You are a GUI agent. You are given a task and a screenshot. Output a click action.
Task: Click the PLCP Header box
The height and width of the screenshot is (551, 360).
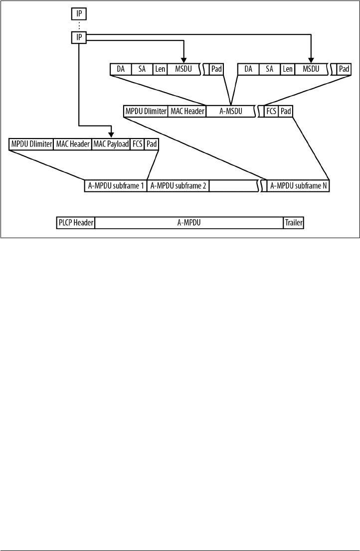click(75, 223)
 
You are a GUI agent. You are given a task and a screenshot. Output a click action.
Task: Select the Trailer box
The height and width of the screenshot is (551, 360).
click(293, 223)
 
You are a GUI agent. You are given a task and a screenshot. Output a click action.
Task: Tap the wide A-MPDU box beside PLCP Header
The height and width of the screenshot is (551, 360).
click(188, 223)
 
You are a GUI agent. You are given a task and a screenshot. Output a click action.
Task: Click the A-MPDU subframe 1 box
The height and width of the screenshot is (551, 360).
click(116, 186)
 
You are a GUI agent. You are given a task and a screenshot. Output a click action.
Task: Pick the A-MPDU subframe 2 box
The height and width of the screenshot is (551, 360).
click(178, 186)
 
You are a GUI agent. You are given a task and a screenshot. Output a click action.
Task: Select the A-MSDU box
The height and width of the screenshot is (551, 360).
click(230, 111)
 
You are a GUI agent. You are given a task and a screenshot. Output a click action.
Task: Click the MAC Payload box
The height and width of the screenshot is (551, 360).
click(111, 144)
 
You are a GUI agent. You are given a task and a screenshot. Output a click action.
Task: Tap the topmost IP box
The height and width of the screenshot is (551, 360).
click(79, 14)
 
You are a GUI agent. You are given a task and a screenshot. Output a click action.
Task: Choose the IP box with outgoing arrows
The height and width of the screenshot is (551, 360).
click(79, 37)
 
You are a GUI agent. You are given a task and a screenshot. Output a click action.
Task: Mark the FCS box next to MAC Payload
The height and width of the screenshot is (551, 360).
click(137, 144)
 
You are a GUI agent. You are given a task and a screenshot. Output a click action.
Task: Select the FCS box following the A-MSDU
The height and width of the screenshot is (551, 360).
click(271, 111)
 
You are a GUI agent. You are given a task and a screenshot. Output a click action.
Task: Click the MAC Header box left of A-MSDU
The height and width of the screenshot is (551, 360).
click(187, 111)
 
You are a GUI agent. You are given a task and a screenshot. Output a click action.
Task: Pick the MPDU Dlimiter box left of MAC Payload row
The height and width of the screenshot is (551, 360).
click(31, 144)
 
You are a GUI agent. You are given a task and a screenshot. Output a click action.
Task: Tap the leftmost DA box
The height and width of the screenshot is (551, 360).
click(120, 69)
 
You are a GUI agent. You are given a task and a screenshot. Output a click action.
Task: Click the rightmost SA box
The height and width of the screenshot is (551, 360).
click(270, 69)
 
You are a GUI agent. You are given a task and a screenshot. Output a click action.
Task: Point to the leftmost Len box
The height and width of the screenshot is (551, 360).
click(160, 69)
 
